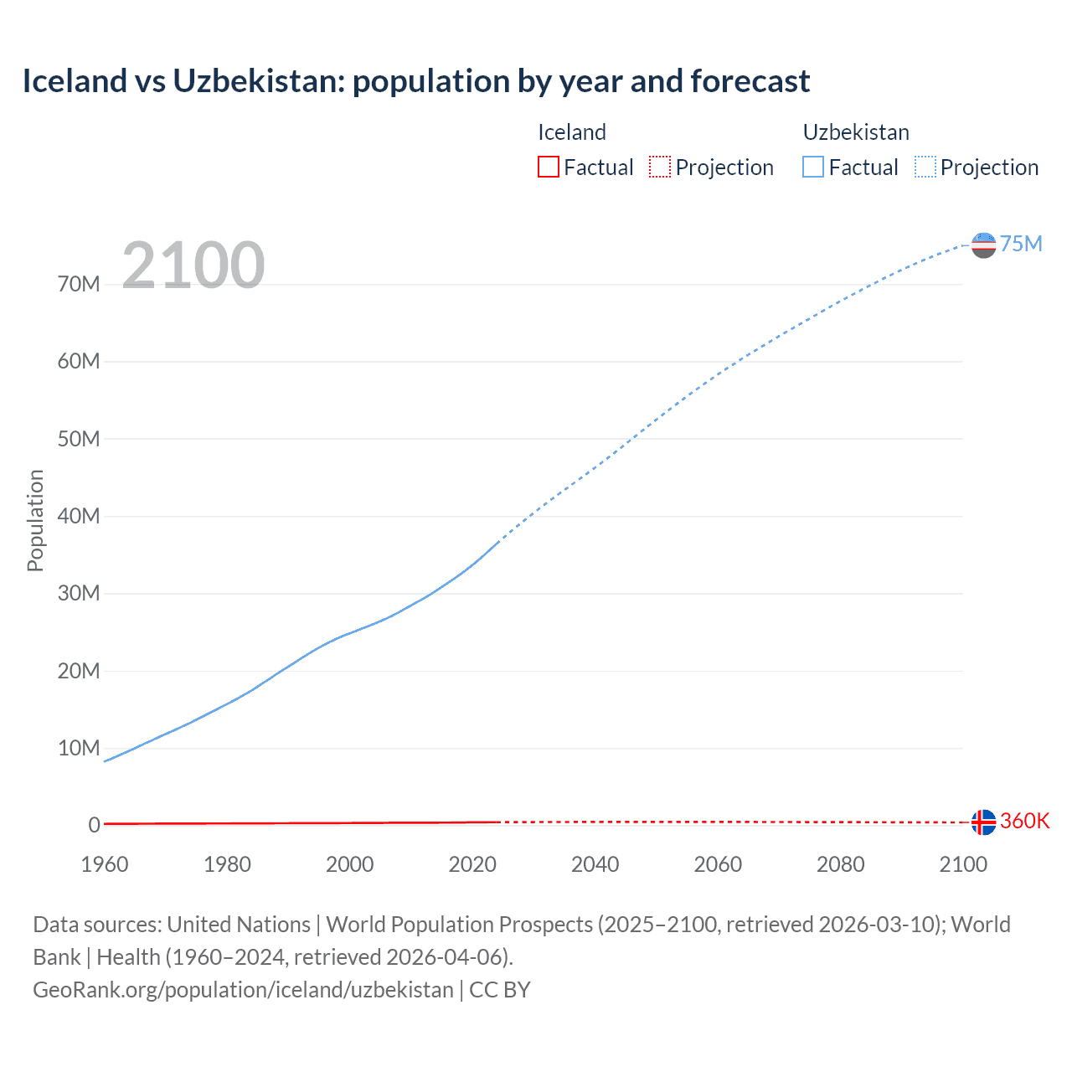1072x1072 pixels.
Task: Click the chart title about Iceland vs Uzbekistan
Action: coord(416,81)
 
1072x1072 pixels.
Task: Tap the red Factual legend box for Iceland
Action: coord(548,167)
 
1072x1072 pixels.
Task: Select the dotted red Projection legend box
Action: coord(660,167)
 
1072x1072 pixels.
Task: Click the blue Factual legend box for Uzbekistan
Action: coord(812,167)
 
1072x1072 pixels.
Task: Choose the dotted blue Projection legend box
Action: coord(925,167)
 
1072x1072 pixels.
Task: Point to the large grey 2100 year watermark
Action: coord(193,265)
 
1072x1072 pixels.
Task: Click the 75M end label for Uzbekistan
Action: coord(1021,244)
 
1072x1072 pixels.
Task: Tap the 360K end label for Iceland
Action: coord(1024,821)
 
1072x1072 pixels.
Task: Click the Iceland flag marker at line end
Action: coord(983,822)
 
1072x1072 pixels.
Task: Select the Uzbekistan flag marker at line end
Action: coord(983,245)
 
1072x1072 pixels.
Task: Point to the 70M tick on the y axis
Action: coord(79,284)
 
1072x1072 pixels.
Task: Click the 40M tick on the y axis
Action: coord(79,516)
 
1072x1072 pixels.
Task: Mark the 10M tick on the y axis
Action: coord(79,748)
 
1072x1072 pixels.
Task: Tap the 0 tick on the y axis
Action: coord(94,825)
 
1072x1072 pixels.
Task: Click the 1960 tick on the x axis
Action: coord(105,864)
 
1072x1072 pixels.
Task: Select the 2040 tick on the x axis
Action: coord(595,864)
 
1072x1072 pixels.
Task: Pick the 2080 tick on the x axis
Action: coord(840,864)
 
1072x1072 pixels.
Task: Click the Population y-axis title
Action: coord(35,520)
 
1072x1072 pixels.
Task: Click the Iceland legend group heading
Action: coord(571,132)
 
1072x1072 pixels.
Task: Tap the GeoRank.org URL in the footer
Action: coord(243,990)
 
